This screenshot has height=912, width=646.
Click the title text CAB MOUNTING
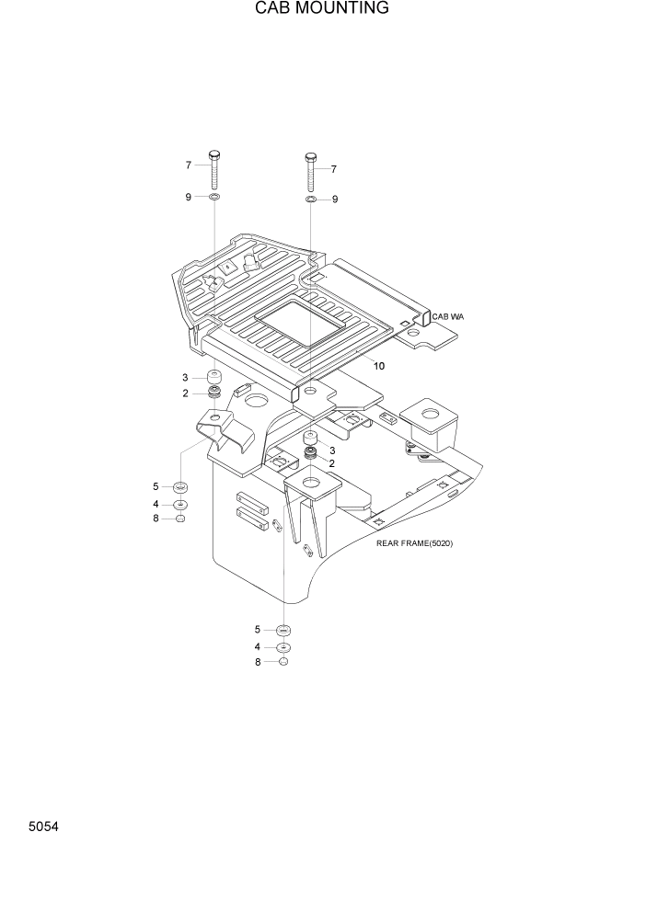[x=322, y=9]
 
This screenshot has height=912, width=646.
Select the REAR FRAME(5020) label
[x=414, y=543]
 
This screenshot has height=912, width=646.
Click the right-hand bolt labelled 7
[x=311, y=171]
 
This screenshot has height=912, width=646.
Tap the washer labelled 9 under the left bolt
[x=213, y=198]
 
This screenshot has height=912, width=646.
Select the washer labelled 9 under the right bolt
[x=311, y=199]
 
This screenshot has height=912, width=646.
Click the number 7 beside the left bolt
[x=188, y=165]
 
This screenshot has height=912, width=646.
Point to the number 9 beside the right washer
[x=335, y=199]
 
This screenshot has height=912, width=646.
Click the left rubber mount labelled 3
[x=213, y=378]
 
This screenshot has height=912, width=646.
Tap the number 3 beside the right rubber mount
[x=331, y=450]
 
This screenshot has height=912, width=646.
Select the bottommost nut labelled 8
[x=283, y=662]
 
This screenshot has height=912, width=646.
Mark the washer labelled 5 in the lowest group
[x=283, y=630]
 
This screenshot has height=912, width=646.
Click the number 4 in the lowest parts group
[x=258, y=646]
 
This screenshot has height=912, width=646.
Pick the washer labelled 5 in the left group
[x=180, y=486]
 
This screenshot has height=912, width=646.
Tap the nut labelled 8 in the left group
[x=180, y=519]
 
